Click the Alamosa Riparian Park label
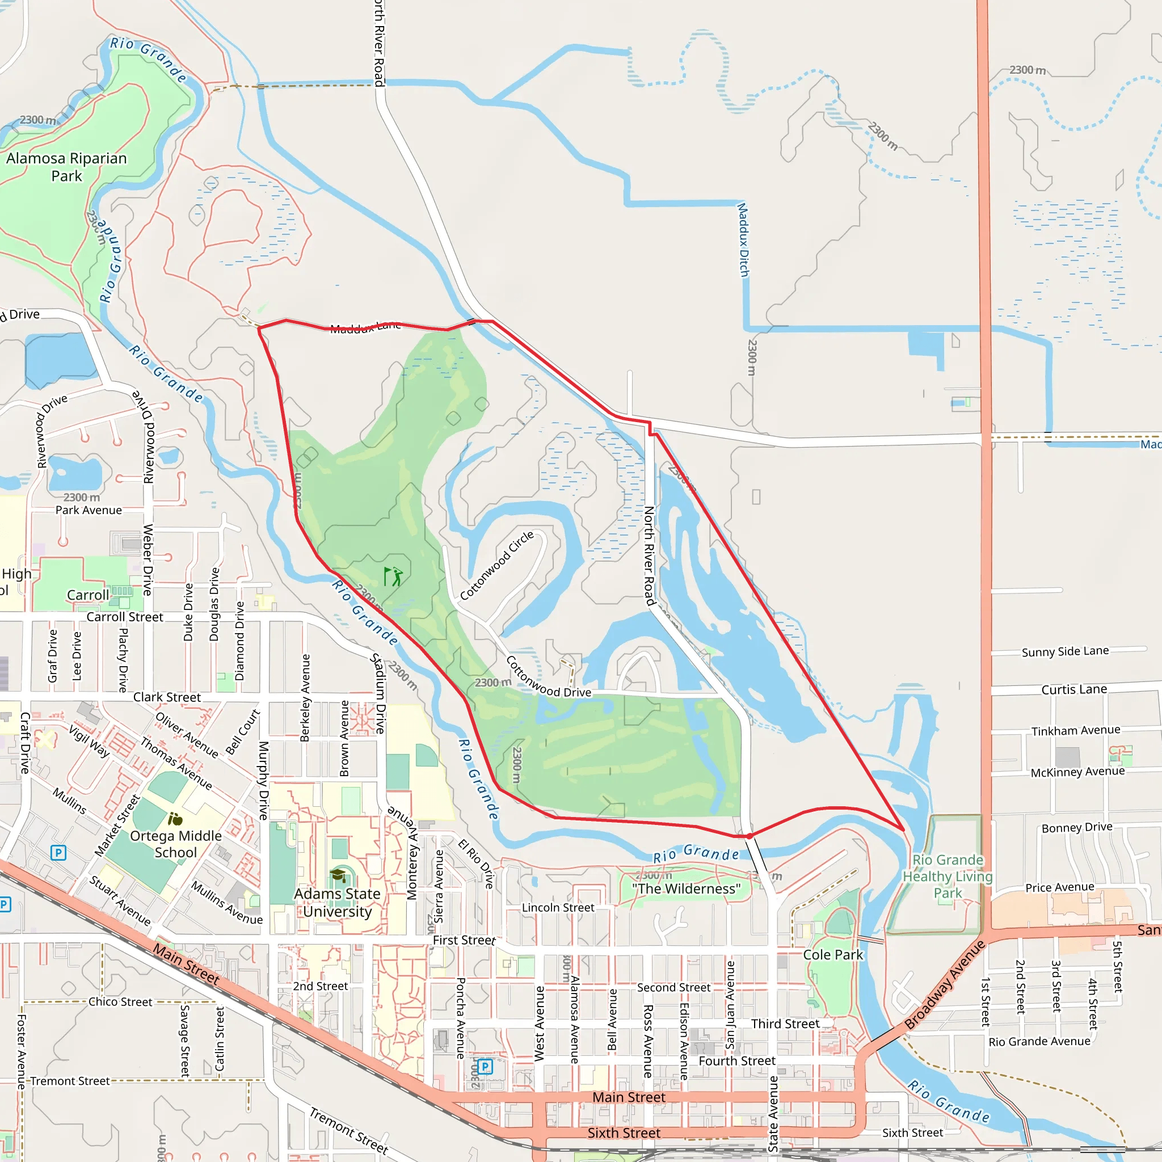tap(67, 167)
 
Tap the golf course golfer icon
tap(393, 576)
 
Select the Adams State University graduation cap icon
tap(338, 875)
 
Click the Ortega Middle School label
tap(176, 844)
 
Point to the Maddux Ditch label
tap(743, 240)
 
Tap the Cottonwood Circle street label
tap(497, 565)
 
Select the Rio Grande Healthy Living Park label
tap(948, 876)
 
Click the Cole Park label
tap(833, 954)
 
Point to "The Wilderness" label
tap(687, 889)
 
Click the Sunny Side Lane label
tap(1065, 651)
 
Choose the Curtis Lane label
tap(1074, 689)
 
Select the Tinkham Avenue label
tap(1076, 730)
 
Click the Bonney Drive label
tap(1077, 828)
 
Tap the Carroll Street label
tap(124, 617)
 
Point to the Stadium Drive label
tap(378, 693)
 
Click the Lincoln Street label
tap(558, 908)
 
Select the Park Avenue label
tap(89, 510)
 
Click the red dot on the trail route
tap(750, 836)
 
